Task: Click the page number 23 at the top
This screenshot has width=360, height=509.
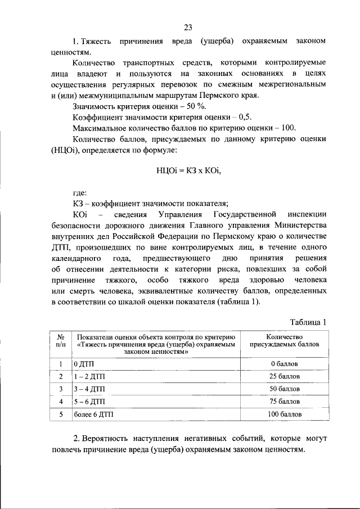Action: (x=188, y=28)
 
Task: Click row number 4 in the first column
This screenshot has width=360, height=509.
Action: (x=61, y=402)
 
